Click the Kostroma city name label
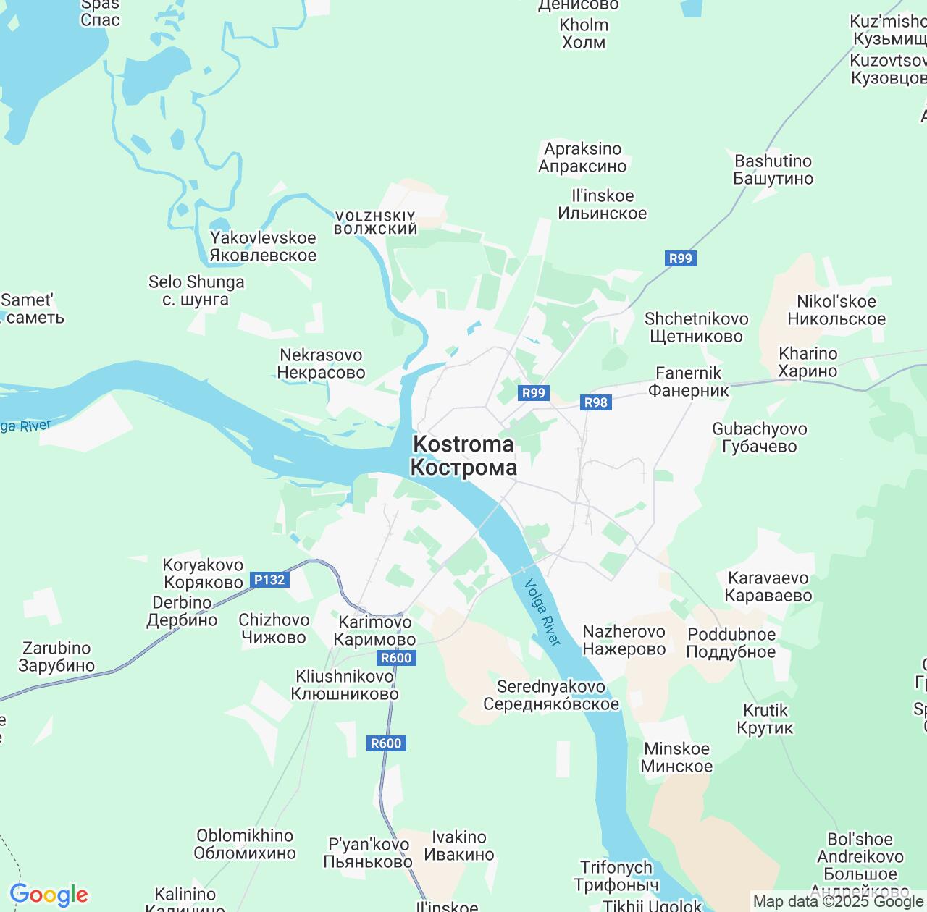tap(463, 456)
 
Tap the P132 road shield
tap(269, 580)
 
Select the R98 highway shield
tap(595, 402)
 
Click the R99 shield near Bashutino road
tap(680, 258)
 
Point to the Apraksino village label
tap(582, 158)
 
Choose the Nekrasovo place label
tap(321, 364)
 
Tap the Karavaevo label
tap(768, 587)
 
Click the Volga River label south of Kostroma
tap(542, 612)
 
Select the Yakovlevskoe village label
tap(263, 246)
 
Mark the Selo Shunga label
tap(196, 290)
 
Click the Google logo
tap(49, 895)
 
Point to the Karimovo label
tap(374, 630)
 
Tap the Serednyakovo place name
tap(550, 695)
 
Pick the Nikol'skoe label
tap(836, 310)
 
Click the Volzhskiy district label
tap(375, 222)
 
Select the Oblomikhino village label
tap(245, 844)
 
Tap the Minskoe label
tap(676, 757)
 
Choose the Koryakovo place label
tap(204, 573)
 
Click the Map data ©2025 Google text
tap(838, 902)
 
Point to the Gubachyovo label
tap(759, 437)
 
